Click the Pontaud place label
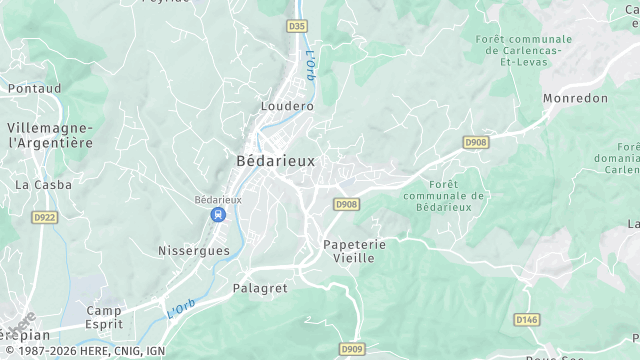click(x=34, y=88)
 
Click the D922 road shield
click(x=44, y=216)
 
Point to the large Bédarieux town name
click(x=275, y=160)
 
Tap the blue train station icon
click(x=217, y=215)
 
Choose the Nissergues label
click(x=194, y=250)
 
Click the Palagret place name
click(x=260, y=288)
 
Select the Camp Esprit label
click(x=104, y=317)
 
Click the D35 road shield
click(x=296, y=26)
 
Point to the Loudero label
click(x=287, y=105)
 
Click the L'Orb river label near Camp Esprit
click(x=181, y=309)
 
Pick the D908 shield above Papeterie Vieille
click(x=346, y=205)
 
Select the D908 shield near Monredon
click(x=476, y=144)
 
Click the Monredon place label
click(x=575, y=98)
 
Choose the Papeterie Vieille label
click(x=348, y=251)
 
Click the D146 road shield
click(x=526, y=319)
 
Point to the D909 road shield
click(x=352, y=349)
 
